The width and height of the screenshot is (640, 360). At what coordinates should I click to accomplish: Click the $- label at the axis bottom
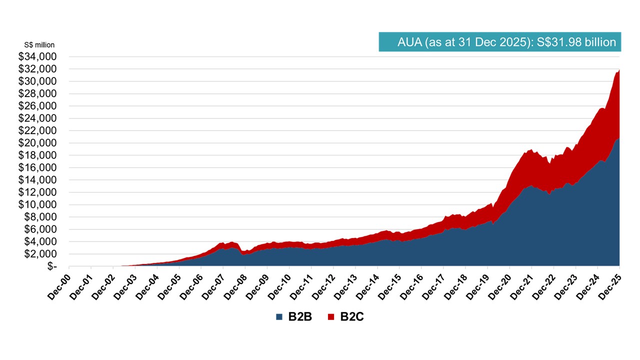point(52,266)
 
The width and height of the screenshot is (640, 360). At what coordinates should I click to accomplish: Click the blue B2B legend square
point(279,317)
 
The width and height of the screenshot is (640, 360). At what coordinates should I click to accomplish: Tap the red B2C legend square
point(331,317)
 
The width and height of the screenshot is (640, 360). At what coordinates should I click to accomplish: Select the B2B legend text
point(300,317)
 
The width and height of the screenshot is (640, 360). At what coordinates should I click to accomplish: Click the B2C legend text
point(352,317)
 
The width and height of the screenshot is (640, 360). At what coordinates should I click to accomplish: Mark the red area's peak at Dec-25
point(619,70)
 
